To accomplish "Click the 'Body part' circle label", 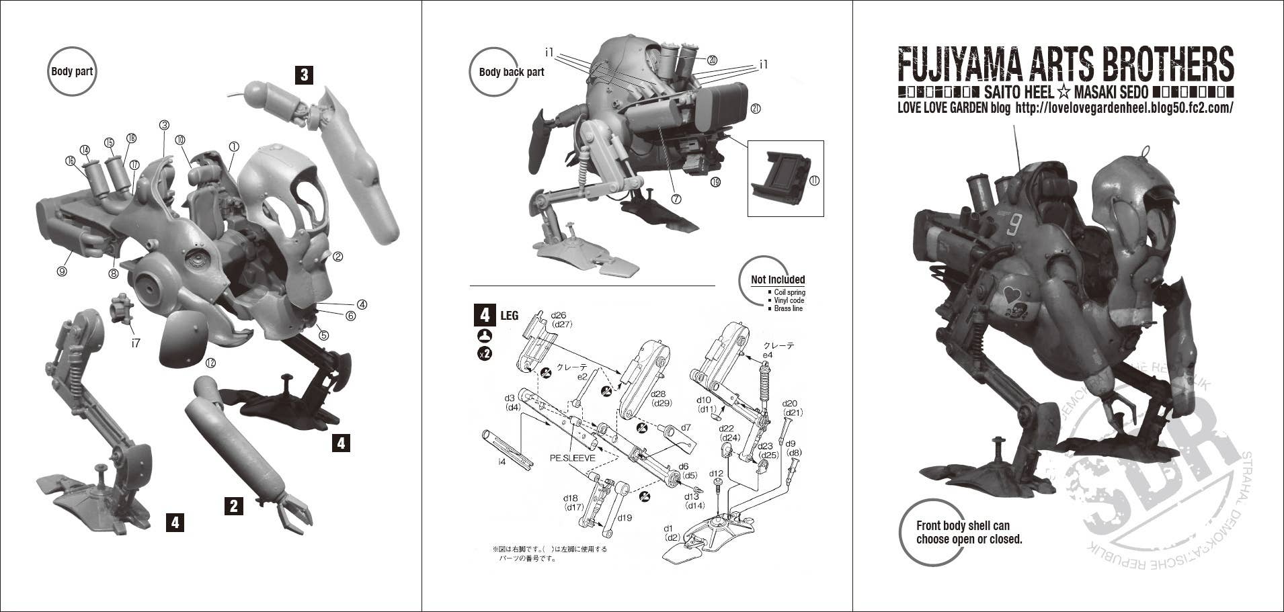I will click(72, 71).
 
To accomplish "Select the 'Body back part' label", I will click(511, 72).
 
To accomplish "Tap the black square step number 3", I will click(304, 74).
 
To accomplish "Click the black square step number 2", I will click(233, 505).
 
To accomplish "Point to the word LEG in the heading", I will click(510, 315).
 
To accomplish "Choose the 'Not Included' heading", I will click(778, 279).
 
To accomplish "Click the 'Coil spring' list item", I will click(789, 292).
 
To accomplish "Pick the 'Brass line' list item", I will click(788, 308).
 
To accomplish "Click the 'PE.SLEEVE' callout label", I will click(572, 458).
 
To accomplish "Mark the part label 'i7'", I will click(136, 343).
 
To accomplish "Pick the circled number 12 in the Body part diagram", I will click(210, 363).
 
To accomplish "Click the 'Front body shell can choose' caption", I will click(969, 533).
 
